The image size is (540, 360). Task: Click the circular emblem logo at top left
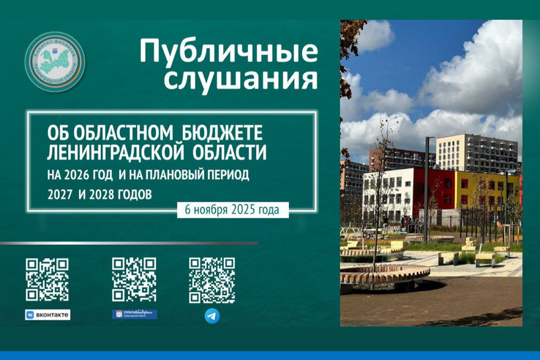[55, 61]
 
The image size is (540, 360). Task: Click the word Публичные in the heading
[228, 52]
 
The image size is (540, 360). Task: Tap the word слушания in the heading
[241, 78]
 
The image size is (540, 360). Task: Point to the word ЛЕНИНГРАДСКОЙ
[116, 154]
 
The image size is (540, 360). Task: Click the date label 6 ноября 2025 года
[233, 209]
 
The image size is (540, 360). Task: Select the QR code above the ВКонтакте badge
[47, 280]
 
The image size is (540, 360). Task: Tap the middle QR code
[134, 279]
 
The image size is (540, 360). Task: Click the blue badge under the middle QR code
[134, 314]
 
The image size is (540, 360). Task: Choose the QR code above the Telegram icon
[211, 280]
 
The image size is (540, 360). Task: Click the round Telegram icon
[211, 315]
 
